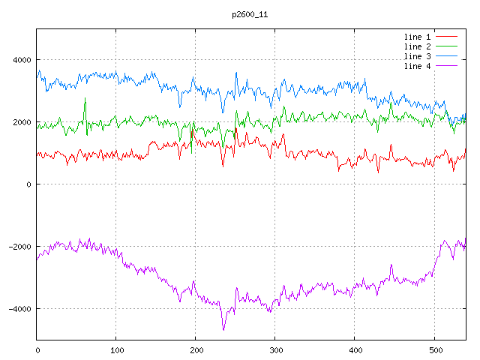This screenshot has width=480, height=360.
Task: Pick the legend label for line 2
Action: point(418,46)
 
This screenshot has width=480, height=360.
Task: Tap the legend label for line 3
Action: point(418,56)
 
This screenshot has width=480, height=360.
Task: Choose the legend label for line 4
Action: point(418,66)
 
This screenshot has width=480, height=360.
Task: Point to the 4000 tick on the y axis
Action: point(21,60)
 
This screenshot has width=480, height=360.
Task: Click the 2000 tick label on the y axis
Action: point(21,122)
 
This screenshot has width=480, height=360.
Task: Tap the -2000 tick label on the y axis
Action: point(19,247)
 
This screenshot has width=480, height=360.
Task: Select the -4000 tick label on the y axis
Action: point(19,309)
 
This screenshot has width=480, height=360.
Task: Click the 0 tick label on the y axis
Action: point(28,184)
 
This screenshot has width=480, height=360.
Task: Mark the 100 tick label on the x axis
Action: point(116,349)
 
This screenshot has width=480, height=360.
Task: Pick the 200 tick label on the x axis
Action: point(196,349)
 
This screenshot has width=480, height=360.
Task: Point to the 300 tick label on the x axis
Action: point(274,349)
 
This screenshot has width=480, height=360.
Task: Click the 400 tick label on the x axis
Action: point(354,349)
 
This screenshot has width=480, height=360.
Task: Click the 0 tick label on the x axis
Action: point(37,349)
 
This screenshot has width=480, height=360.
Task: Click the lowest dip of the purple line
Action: point(223,329)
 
